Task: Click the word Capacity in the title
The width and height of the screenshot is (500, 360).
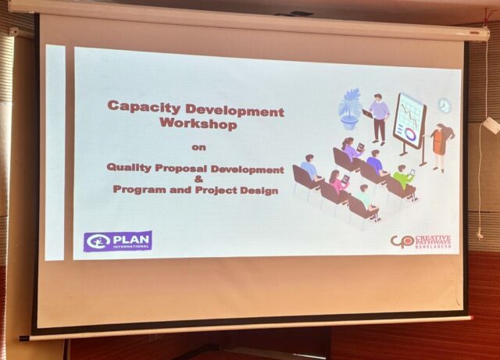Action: (x=144, y=107)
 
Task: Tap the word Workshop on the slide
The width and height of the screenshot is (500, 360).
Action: (x=198, y=123)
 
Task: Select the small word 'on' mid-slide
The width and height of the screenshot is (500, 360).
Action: (x=198, y=148)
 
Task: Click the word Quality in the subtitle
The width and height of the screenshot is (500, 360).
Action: (x=129, y=168)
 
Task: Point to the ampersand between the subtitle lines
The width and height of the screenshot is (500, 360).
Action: (x=198, y=180)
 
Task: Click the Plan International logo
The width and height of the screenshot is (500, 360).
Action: (x=118, y=241)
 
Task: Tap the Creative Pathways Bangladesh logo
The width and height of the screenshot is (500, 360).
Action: (x=421, y=241)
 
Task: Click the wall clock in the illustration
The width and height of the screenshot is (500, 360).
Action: (x=445, y=105)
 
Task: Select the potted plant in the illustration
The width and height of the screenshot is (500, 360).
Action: (x=349, y=109)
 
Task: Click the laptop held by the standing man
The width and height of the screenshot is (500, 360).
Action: (x=367, y=113)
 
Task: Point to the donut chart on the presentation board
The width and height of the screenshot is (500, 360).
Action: (x=410, y=134)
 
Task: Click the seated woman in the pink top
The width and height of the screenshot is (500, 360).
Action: (x=337, y=184)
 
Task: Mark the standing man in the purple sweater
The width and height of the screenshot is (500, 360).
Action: (x=379, y=119)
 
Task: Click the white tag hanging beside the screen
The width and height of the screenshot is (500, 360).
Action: (x=491, y=125)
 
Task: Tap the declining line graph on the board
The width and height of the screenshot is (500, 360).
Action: (x=410, y=116)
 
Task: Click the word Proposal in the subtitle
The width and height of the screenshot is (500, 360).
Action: (x=180, y=169)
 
